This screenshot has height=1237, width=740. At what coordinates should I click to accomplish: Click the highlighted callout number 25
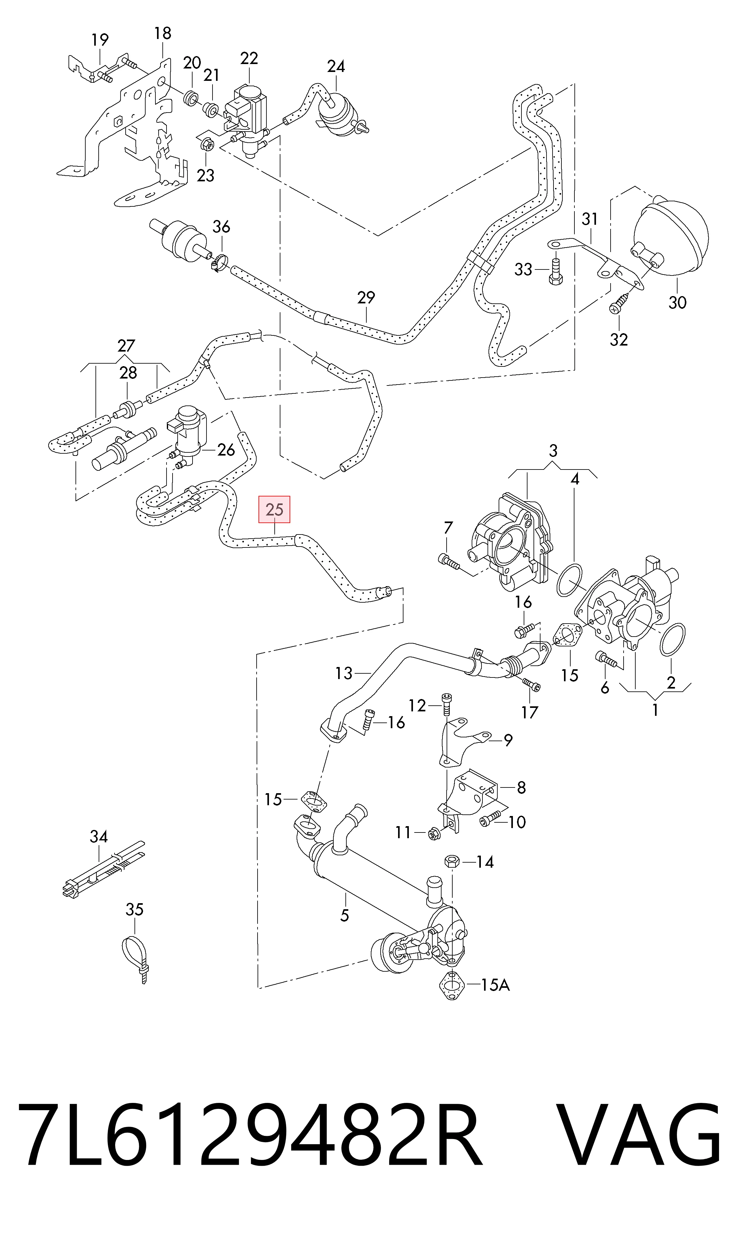pos(274,509)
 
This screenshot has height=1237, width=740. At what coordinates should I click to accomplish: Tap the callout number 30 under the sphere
pos(677,302)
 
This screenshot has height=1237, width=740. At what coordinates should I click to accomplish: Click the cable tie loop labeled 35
pos(134,959)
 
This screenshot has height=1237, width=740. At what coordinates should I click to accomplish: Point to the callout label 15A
pos(495,985)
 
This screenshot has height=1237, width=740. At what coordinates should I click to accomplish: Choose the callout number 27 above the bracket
pos(126,345)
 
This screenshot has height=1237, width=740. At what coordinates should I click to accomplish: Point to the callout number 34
pos(99,836)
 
